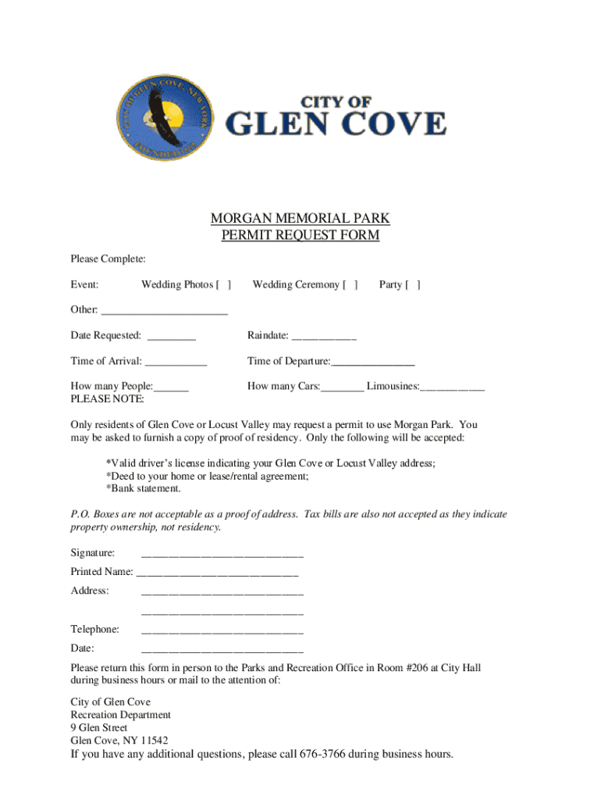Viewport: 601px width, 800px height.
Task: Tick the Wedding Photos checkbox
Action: tap(223, 285)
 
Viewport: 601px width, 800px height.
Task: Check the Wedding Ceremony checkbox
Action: tap(350, 285)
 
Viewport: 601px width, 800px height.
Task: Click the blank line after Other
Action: tap(164, 311)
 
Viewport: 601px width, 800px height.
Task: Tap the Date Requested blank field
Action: tap(172, 337)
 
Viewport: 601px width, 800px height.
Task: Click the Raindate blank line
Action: tap(324, 337)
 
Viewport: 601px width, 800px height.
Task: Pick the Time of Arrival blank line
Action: tap(176, 362)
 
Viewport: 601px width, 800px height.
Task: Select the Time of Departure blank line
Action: tap(373, 362)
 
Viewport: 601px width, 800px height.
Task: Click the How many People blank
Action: tap(171, 387)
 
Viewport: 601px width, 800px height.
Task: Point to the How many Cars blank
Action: tap(342, 387)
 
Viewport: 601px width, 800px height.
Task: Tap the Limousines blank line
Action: tap(453, 387)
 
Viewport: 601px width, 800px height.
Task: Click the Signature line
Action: tap(222, 555)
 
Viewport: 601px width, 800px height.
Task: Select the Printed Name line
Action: tap(217, 573)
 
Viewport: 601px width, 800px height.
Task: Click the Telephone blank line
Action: tap(222, 630)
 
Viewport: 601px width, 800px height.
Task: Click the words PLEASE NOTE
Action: tap(108, 399)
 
